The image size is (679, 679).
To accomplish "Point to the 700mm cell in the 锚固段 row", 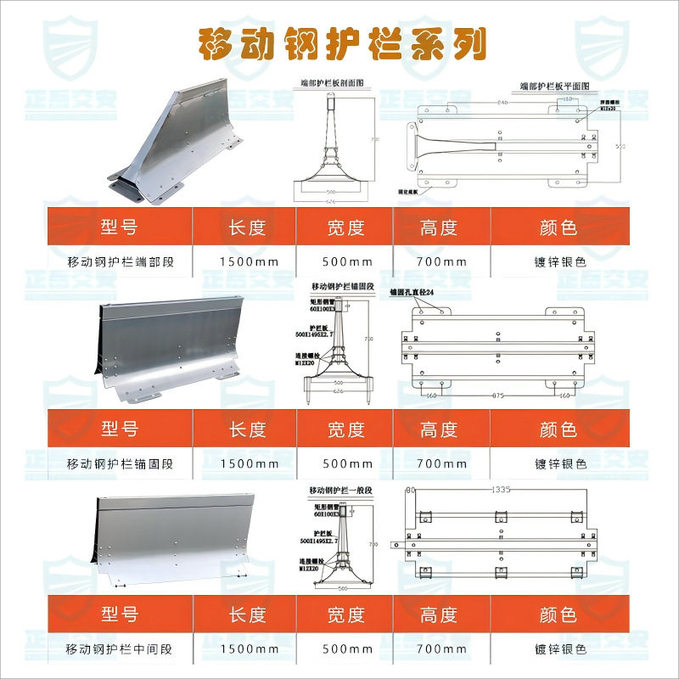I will click(x=442, y=463).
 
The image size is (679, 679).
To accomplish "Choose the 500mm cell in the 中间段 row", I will click(x=346, y=649).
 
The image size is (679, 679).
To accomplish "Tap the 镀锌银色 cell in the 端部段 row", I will click(x=560, y=261).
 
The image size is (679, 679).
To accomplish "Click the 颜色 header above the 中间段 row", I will click(x=558, y=613).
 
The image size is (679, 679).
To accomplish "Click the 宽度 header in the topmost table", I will click(x=345, y=227).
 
